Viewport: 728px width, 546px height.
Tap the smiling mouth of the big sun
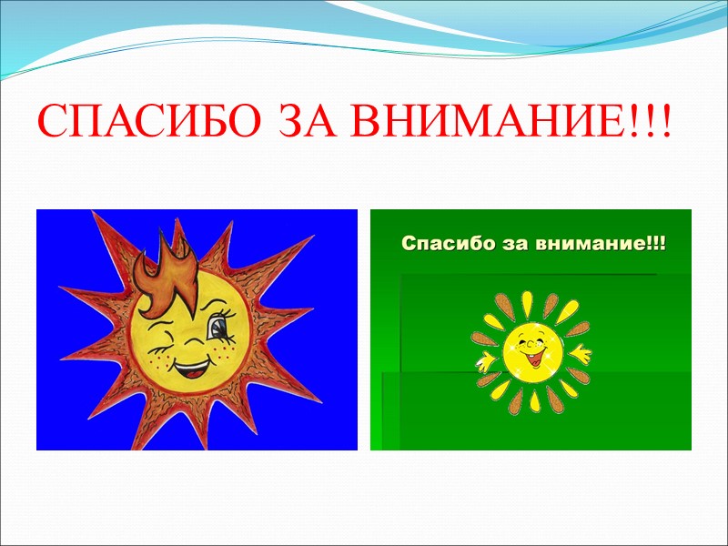(x=190, y=370)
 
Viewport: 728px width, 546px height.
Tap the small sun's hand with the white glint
(x=484, y=363)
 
